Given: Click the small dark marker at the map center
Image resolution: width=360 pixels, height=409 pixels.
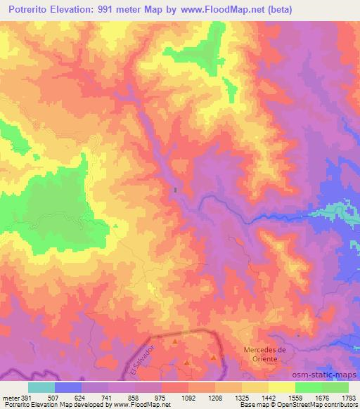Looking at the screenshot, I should (175, 189).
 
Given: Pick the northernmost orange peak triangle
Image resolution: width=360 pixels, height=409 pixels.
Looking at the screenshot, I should (175, 341).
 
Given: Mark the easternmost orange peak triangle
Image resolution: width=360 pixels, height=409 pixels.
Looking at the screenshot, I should (213, 357).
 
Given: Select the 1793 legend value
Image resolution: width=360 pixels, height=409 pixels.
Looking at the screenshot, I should (348, 398).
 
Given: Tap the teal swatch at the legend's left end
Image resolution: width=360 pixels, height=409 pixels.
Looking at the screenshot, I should (41, 387).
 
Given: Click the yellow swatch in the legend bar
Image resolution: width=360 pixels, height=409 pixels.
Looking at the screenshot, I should (281, 387).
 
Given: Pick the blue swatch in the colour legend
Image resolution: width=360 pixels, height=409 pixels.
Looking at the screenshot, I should (67, 387).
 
